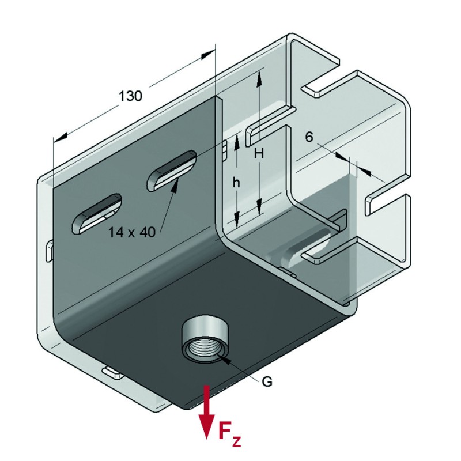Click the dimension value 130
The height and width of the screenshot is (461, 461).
coord(130,96)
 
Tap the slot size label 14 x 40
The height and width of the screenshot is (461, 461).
coord(131,232)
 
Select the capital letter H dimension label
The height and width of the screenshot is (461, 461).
coord(259,154)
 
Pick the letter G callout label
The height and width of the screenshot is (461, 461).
coord(267,381)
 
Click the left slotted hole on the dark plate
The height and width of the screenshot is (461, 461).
coord(96,213)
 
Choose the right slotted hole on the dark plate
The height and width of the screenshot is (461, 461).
coord(171,171)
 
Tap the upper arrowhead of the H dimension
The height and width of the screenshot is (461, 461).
coord(260,77)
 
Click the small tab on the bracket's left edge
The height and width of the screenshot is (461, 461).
coord(49,251)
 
